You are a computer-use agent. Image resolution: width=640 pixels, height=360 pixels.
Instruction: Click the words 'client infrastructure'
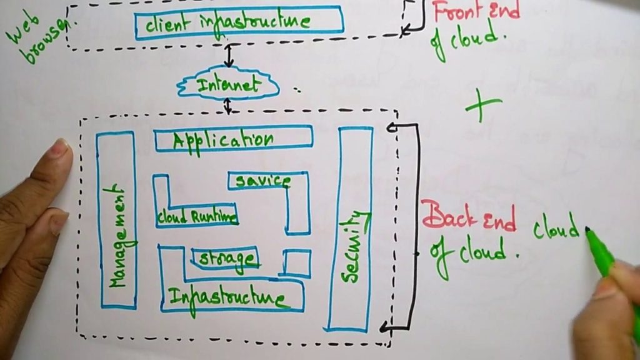pos(227,22)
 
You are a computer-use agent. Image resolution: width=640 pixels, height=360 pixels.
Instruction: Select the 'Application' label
pos(223,139)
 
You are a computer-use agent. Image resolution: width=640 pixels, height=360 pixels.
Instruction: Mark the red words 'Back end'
pos(469,219)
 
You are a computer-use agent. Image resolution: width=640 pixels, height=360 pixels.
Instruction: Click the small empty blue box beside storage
pos(297,263)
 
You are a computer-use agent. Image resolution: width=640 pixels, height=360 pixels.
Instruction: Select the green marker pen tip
pos(589,232)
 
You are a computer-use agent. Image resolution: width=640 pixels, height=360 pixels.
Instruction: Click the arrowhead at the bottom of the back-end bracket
pos(385,326)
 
